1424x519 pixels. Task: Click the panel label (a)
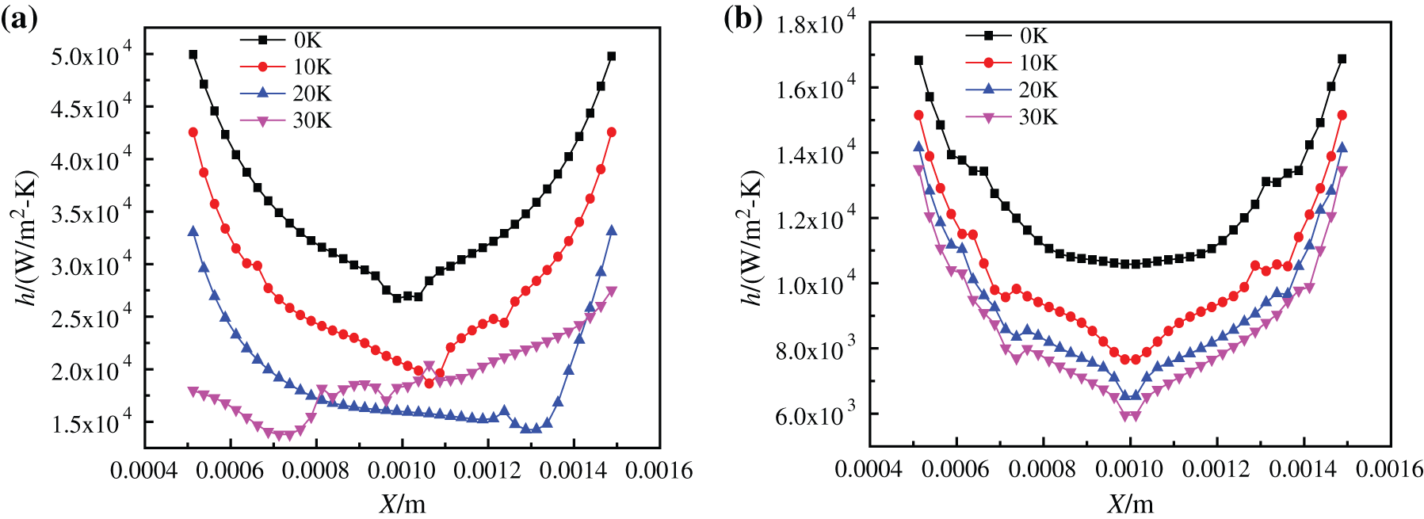point(19,17)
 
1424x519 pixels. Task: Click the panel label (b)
point(743,17)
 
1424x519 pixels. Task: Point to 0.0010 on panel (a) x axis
point(402,471)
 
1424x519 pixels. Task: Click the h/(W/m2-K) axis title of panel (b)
point(750,238)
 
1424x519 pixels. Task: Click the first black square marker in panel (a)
point(193,55)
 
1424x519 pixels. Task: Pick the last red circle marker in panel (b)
point(1342,115)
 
